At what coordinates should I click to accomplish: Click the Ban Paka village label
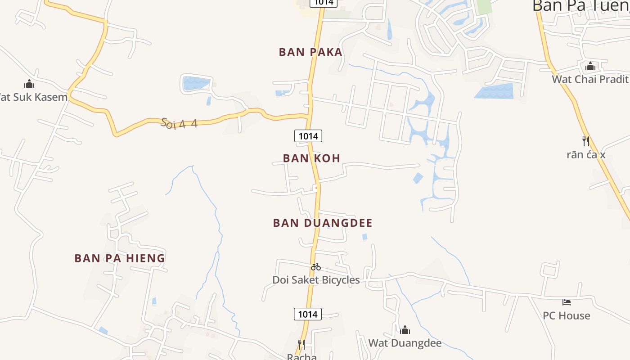click(310, 52)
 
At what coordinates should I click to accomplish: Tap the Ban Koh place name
click(311, 158)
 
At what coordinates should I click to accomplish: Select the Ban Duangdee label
click(323, 223)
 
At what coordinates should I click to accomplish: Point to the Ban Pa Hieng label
click(120, 258)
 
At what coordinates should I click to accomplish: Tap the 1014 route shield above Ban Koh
click(308, 135)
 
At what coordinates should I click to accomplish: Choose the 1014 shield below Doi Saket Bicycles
click(308, 314)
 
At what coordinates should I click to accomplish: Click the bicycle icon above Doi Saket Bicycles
click(316, 267)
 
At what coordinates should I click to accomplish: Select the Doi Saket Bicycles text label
click(316, 280)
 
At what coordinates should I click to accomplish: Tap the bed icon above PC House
click(567, 302)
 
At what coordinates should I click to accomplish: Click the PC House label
click(567, 315)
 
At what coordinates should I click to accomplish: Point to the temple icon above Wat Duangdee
click(405, 330)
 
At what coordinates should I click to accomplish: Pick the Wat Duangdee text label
click(405, 343)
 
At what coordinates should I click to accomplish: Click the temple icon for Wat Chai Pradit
click(590, 67)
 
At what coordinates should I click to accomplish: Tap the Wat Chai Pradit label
click(590, 79)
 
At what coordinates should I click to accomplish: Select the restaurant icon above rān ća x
click(586, 141)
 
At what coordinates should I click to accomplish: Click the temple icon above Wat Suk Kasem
click(29, 84)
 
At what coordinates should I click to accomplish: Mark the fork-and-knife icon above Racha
click(301, 345)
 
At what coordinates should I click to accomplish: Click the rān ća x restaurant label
click(586, 155)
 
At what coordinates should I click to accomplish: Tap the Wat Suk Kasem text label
click(34, 97)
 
